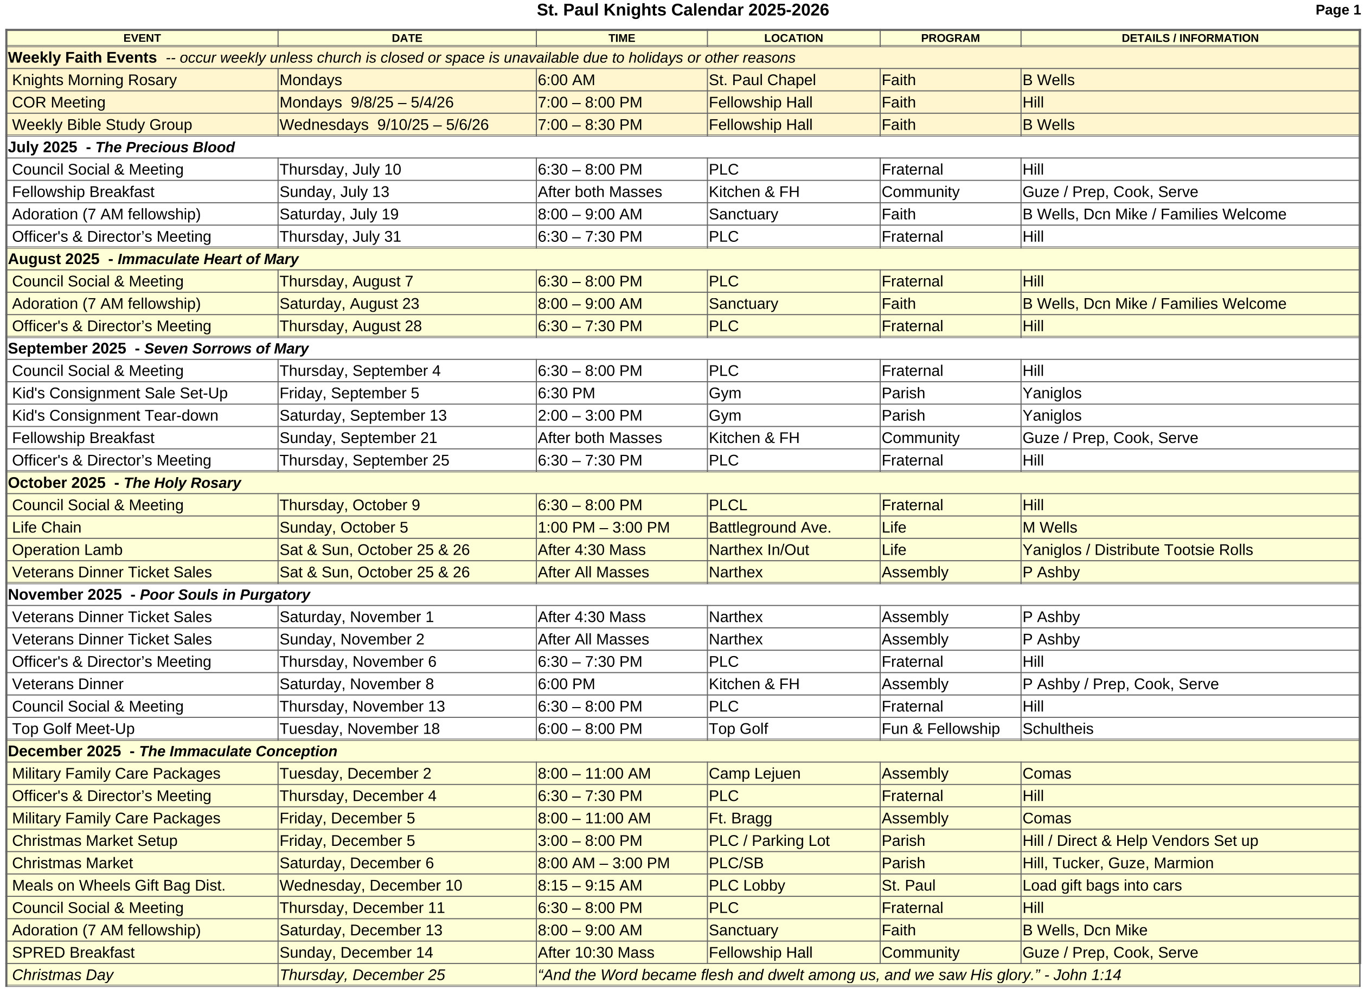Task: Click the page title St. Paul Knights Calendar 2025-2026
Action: pos(682,10)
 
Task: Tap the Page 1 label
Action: pos(1336,10)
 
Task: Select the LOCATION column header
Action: pos(793,38)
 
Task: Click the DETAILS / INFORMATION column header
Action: pos(1189,38)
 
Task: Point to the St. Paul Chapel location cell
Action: pos(762,80)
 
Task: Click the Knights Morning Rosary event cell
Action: pos(94,80)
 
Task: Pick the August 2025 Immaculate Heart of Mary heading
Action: pos(153,259)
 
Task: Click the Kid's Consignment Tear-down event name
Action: pos(115,415)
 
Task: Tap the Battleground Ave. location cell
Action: pos(770,527)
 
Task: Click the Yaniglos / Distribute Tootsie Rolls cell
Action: pos(1138,549)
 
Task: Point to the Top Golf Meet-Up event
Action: pos(73,729)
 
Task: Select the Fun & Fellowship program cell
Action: pos(940,729)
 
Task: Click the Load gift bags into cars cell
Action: pos(1102,885)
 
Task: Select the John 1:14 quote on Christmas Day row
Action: pos(829,974)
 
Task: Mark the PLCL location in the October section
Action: pos(728,505)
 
